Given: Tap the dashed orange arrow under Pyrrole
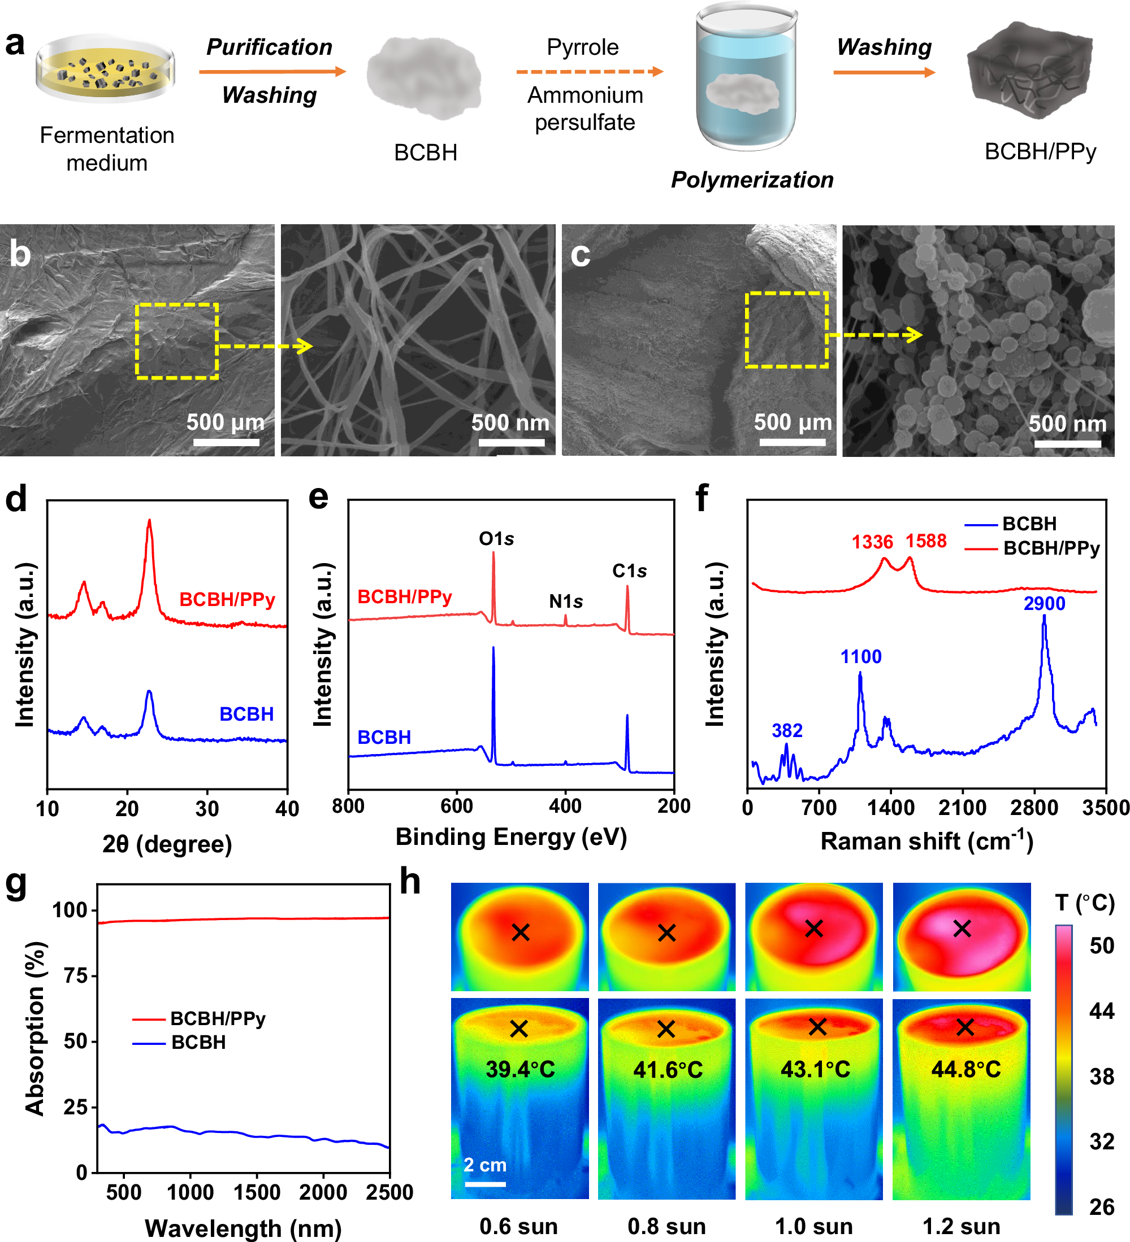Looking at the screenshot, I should [x=588, y=72].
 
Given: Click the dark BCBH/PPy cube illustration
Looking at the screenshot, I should [x=1029, y=71].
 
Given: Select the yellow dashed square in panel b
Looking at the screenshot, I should [x=177, y=341].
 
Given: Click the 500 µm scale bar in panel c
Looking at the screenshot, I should [x=792, y=442].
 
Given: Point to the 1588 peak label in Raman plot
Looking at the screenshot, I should [x=925, y=541].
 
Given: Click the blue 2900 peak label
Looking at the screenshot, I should [x=1044, y=603].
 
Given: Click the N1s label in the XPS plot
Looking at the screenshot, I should [x=565, y=601].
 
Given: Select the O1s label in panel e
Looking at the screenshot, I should [x=496, y=538].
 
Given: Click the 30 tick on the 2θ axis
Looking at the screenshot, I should [x=207, y=808].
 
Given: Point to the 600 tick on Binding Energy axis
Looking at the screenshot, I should [x=457, y=806].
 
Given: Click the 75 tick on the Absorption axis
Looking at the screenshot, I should [x=76, y=976].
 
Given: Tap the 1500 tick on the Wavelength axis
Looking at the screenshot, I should [x=257, y=1192].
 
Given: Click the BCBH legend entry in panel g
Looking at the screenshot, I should [x=198, y=1043].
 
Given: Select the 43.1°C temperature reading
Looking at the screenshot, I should [x=815, y=1069].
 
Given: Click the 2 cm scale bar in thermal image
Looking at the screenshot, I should [x=485, y=1183].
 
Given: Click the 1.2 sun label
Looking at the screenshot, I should [x=961, y=1226].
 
